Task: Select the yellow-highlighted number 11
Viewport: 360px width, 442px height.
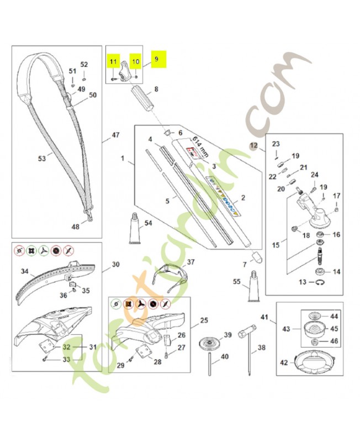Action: (x=113, y=61)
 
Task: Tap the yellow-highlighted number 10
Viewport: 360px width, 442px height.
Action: (x=136, y=61)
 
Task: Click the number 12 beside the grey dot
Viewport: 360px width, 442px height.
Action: (x=253, y=146)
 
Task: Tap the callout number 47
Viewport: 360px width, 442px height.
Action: (x=115, y=135)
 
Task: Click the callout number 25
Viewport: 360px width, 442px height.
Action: (x=204, y=320)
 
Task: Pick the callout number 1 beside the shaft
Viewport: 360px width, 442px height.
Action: (x=123, y=159)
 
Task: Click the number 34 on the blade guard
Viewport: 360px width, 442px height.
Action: (x=24, y=271)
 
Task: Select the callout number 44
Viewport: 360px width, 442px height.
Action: (x=334, y=317)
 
